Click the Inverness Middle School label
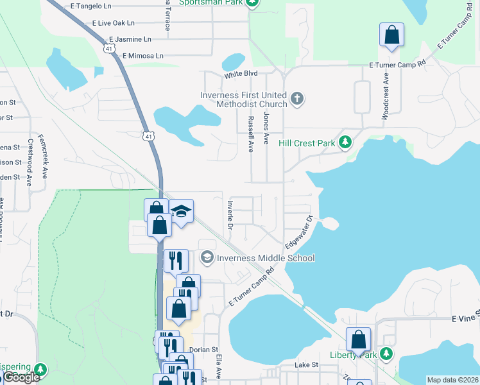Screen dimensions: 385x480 [x=266, y=258]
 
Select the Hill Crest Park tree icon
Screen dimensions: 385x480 [x=345, y=142]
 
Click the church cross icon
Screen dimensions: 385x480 [x=296, y=99]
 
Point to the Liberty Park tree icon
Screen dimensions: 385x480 [x=386, y=354]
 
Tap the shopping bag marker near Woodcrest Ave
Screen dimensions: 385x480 [x=391, y=35]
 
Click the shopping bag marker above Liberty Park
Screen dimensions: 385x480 [x=359, y=339]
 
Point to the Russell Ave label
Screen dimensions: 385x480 [x=250, y=134]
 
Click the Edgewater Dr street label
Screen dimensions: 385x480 [x=299, y=232]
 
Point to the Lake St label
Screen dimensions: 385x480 [x=306, y=364]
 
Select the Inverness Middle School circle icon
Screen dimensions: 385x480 [x=207, y=258]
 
